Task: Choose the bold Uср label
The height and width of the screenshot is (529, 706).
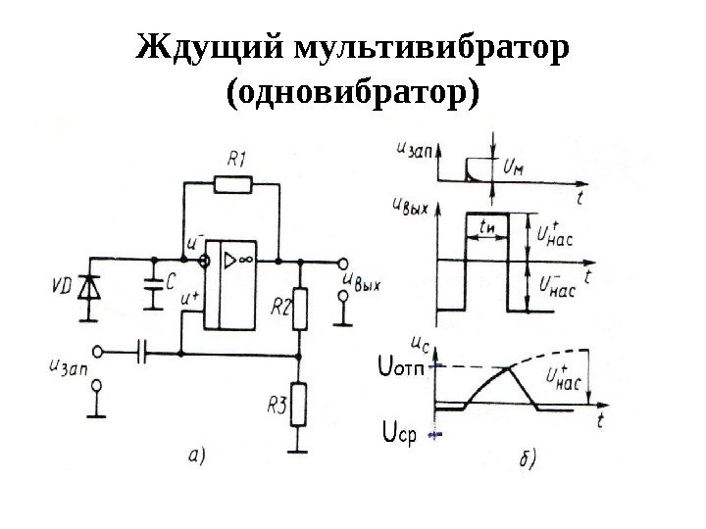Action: (398, 432)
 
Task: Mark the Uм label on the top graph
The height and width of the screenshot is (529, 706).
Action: (512, 168)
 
